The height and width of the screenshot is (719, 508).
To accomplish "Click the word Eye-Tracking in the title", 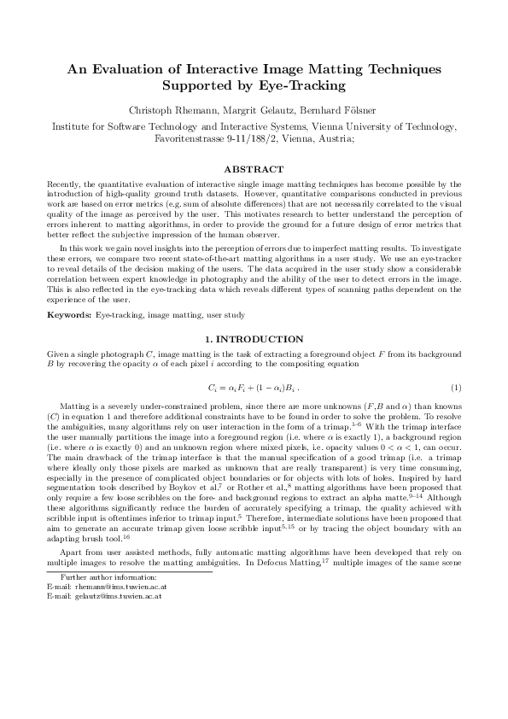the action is tap(303, 86).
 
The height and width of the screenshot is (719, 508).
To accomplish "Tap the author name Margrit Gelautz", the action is tap(264, 111).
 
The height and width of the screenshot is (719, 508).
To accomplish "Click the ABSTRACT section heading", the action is tap(254, 170).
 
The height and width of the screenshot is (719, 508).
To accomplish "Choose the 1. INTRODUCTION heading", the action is tap(254, 339).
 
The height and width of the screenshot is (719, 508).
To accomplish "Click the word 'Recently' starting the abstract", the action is tap(65, 184).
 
